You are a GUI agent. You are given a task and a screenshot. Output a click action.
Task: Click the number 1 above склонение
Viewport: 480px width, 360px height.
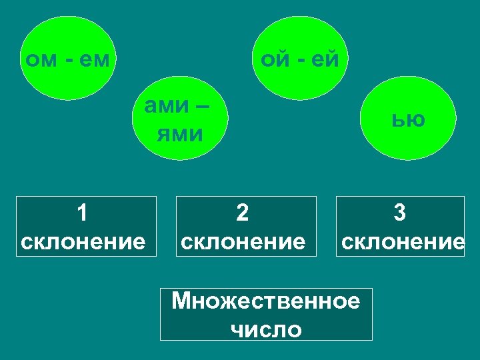coord(82,213)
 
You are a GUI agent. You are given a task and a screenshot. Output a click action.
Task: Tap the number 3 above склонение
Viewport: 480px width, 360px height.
coord(399,213)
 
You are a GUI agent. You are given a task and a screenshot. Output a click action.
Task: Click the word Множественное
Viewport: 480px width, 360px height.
coord(265,301)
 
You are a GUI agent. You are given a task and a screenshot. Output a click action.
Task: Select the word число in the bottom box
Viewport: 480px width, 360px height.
coord(266,329)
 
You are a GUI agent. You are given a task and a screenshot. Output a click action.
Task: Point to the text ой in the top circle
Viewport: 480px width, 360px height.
coord(274,60)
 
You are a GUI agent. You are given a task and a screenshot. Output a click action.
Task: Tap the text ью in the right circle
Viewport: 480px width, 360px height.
coord(408,120)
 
